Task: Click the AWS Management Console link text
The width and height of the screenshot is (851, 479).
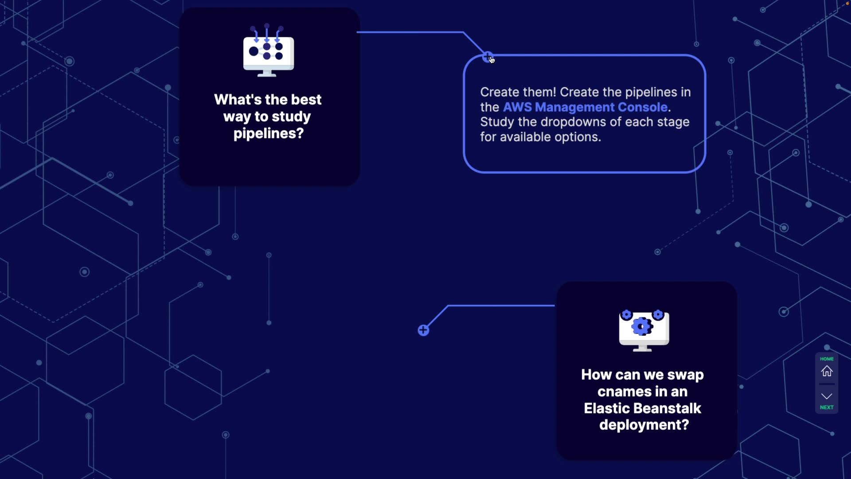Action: tap(585, 107)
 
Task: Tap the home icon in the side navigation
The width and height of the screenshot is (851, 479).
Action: tap(827, 371)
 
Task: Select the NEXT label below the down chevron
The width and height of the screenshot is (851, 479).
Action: tap(827, 407)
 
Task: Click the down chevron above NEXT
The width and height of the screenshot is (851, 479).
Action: tap(827, 396)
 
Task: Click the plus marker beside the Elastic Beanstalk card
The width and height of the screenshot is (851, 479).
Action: tap(423, 330)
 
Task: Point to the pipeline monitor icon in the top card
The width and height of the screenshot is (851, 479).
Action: tap(269, 51)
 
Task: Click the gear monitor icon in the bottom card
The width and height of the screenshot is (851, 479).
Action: tap(644, 330)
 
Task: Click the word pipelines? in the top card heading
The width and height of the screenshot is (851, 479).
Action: tap(269, 133)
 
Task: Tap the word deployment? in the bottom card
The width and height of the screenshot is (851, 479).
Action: tap(644, 425)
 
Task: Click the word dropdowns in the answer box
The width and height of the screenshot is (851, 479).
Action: tap(574, 122)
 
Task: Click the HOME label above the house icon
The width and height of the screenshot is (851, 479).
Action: tap(827, 359)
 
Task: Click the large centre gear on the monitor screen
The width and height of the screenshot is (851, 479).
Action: tap(641, 327)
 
